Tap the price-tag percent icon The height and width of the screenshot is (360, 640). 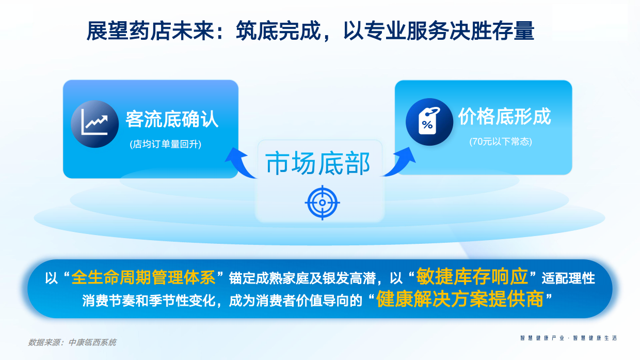tap(429, 122)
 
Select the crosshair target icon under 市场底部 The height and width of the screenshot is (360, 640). tap(322, 202)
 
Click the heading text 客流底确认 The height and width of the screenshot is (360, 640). tap(172, 120)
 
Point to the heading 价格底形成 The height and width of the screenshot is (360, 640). tap(504, 117)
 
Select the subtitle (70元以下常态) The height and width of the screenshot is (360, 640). tap(501, 142)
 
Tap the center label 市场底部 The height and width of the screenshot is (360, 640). tap(318, 164)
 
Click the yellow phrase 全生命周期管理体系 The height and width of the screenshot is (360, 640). tap(143, 277)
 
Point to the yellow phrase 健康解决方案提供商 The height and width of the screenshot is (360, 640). tap(460, 299)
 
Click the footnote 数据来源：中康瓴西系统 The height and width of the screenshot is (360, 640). tap(72, 342)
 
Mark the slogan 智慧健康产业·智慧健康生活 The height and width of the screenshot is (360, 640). tap(568, 338)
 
